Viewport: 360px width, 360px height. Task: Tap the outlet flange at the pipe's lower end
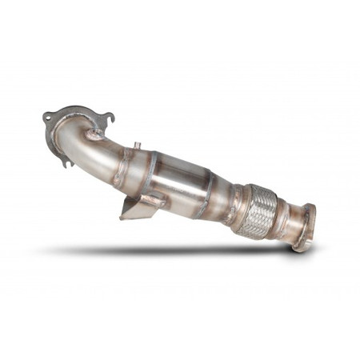click(302, 228)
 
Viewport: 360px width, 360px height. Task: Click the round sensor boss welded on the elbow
click(94, 134)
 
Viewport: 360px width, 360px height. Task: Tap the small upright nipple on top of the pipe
click(138, 147)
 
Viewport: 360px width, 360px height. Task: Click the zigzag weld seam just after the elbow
click(124, 164)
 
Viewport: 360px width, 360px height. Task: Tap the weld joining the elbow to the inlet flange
click(64, 132)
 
